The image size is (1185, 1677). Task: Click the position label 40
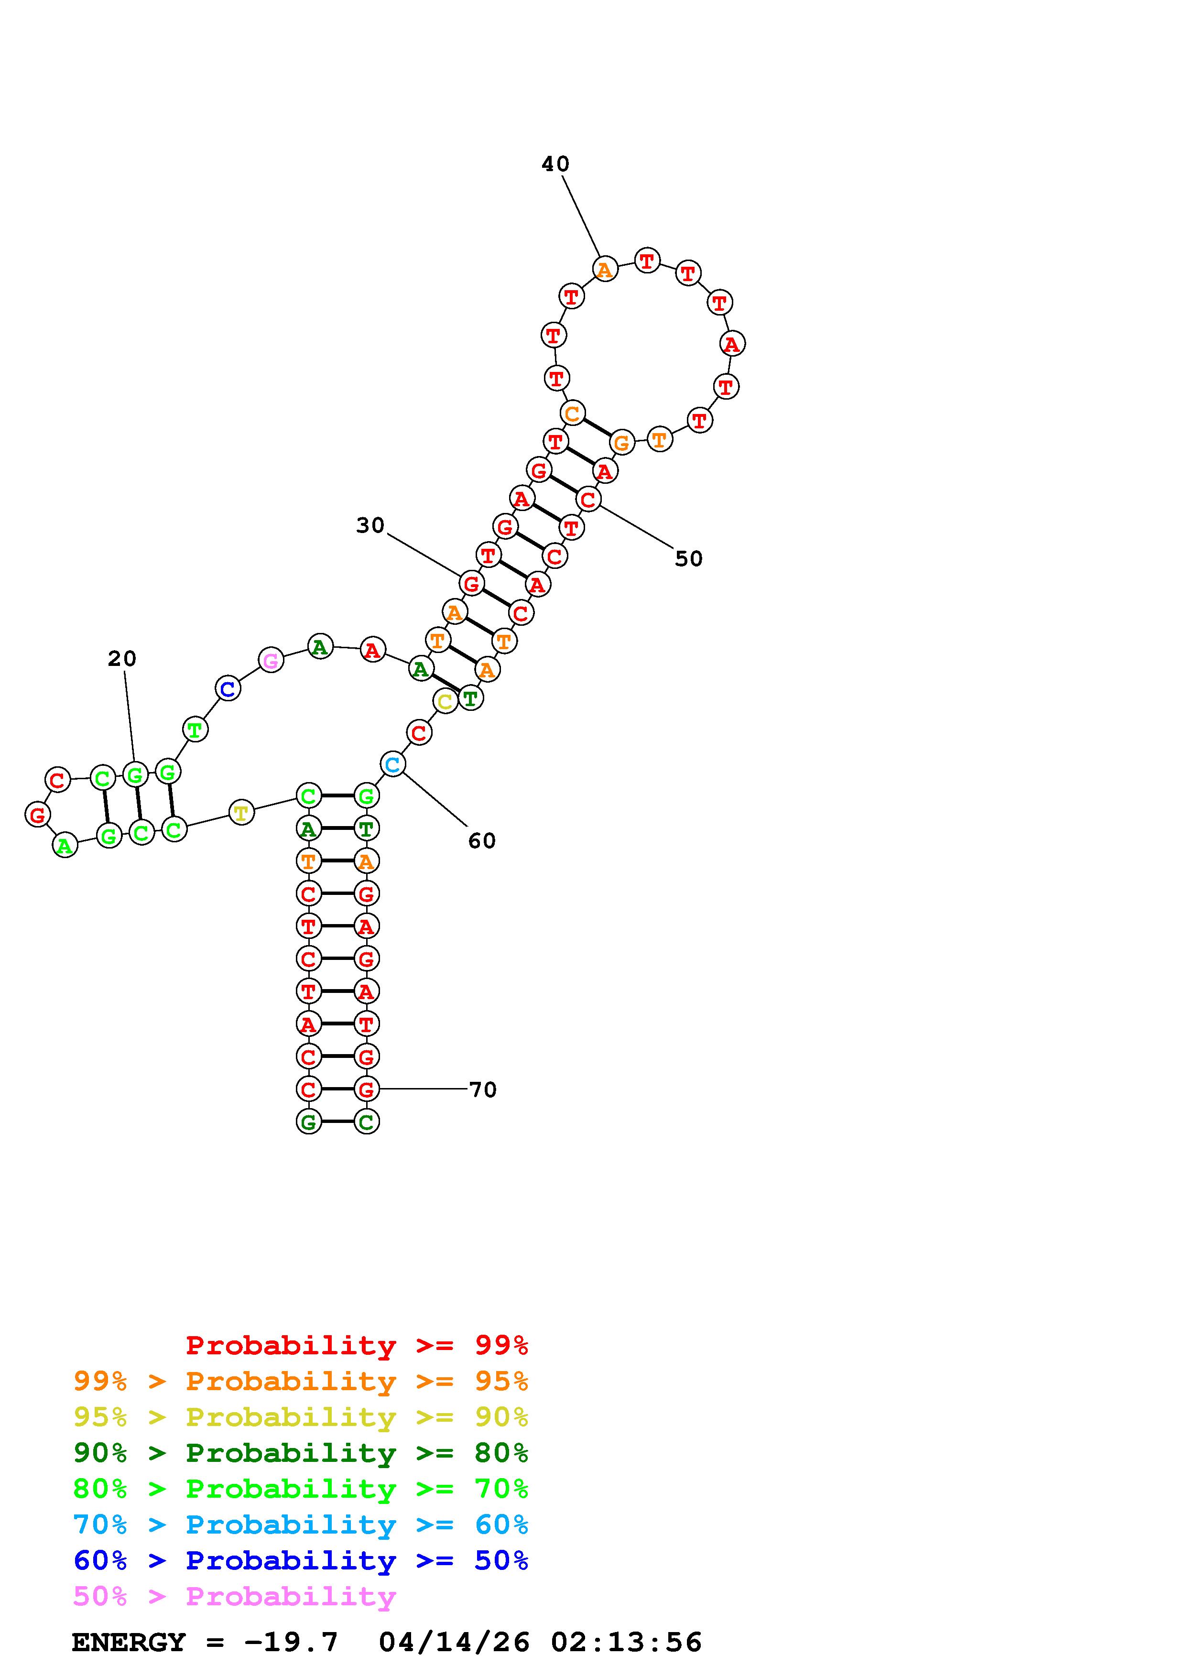pos(555,164)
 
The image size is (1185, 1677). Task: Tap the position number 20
pos(122,659)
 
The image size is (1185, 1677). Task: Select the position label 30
pos(370,525)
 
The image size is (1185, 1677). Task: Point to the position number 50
pos(688,559)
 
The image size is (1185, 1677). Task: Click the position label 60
pos(482,841)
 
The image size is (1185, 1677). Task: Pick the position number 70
pos(483,1090)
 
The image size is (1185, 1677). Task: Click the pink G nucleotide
pos(271,660)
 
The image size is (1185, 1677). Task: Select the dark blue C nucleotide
pos(228,688)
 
